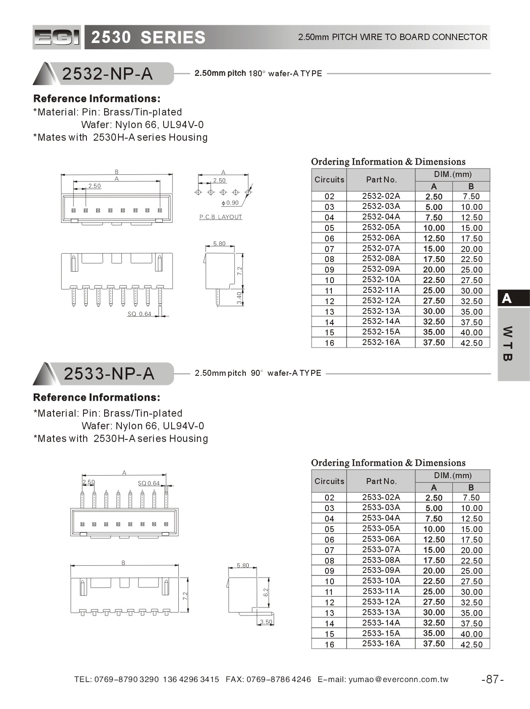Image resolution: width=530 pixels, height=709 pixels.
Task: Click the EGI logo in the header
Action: tap(56, 37)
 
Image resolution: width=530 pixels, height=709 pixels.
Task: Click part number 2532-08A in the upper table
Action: tap(381, 258)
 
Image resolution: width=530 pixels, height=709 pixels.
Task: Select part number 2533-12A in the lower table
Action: tap(381, 602)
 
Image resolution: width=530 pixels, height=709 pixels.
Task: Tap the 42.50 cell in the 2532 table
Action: tap(471, 342)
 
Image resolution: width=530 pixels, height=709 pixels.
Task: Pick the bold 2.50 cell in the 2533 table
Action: tap(434, 498)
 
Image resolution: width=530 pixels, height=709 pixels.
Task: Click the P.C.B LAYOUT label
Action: tap(221, 217)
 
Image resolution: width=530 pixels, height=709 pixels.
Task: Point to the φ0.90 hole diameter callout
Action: tap(230, 203)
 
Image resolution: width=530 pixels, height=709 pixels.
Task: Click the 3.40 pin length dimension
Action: tap(239, 298)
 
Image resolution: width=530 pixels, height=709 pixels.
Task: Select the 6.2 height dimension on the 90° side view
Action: tap(266, 592)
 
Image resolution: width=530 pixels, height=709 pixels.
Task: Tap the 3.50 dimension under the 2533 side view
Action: tap(266, 622)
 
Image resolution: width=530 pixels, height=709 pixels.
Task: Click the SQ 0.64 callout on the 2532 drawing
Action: tap(139, 314)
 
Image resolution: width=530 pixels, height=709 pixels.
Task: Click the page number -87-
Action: tap(492, 679)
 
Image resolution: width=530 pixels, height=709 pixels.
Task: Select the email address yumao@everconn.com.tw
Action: tap(398, 679)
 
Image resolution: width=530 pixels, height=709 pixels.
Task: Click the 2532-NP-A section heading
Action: tap(108, 74)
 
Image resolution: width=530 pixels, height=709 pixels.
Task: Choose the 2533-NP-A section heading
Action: tap(109, 374)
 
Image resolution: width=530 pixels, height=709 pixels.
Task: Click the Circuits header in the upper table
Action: tap(329, 179)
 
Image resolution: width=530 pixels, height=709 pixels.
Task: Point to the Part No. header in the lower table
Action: tap(381, 481)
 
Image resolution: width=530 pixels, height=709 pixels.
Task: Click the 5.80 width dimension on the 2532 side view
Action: tap(219, 243)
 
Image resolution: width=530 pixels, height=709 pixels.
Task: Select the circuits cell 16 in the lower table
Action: tap(329, 644)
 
